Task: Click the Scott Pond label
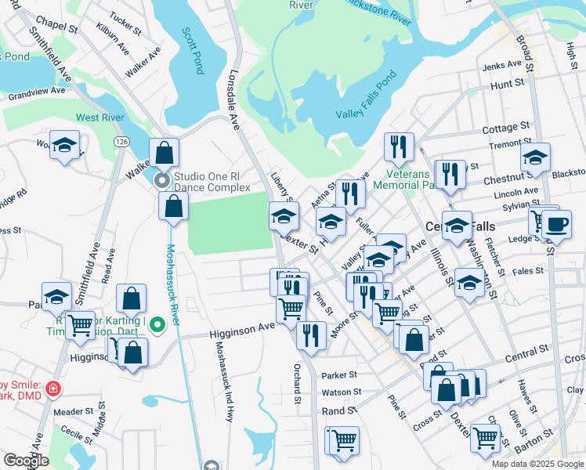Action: [192, 51]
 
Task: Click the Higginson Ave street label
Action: [242, 334]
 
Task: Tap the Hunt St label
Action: [508, 83]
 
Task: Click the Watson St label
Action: [341, 392]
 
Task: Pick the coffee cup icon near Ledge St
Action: [556, 224]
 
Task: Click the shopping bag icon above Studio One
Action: [164, 152]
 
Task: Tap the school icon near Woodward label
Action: [65, 146]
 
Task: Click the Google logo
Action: [25, 461]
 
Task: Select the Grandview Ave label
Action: [36, 92]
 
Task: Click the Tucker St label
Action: [125, 38]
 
